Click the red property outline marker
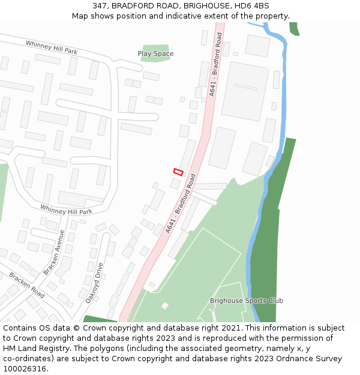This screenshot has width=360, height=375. (x=178, y=172)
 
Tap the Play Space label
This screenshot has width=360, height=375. (x=155, y=53)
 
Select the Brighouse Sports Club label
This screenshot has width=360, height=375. (x=246, y=301)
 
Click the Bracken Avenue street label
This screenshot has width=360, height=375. (x=53, y=252)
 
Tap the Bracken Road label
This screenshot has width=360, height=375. (x=26, y=284)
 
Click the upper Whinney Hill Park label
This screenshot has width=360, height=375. (x=51, y=47)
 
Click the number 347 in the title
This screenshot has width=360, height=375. (x=100, y=6)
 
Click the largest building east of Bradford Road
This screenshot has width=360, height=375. (x=244, y=91)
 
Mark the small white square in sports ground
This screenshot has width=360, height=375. (x=164, y=306)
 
